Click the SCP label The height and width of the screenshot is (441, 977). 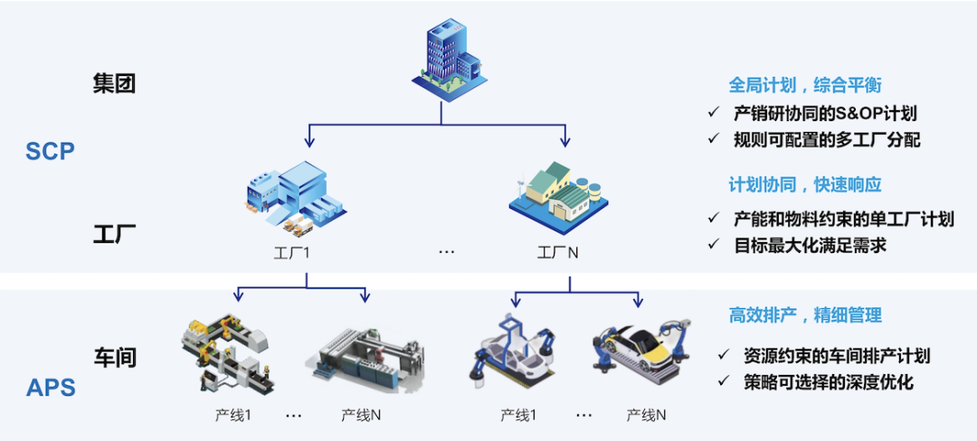tap(50, 152)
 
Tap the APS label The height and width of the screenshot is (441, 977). tap(51, 389)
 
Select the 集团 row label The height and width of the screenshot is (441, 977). tap(115, 84)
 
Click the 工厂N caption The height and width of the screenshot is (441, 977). tap(558, 252)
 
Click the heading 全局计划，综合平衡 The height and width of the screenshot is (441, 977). tap(805, 85)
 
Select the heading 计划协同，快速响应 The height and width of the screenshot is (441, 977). tap(805, 184)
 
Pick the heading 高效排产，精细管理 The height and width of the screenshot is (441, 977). tap(805, 314)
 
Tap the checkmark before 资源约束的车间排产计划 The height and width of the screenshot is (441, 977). tap(724, 355)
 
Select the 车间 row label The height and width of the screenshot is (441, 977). tap(115, 357)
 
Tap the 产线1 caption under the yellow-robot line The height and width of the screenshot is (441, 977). tap(232, 415)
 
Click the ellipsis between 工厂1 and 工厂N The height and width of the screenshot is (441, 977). tap(446, 252)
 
